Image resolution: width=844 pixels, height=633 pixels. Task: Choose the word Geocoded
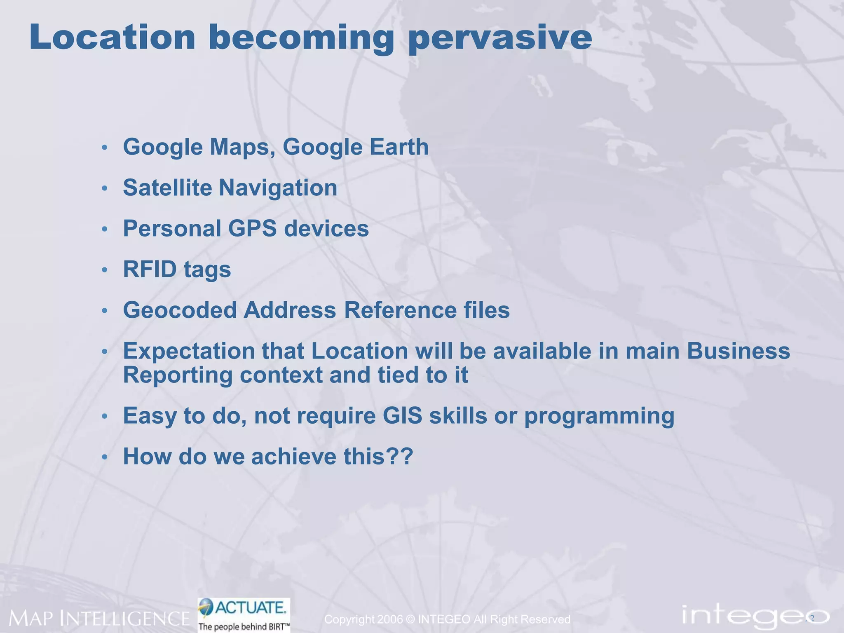pos(180,310)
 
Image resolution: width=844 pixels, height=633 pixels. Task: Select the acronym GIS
pos(402,416)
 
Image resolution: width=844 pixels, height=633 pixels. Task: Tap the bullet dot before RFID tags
pos(105,270)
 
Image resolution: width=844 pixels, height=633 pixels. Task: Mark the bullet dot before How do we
pos(105,457)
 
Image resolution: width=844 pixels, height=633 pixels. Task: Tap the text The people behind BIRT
pos(243,627)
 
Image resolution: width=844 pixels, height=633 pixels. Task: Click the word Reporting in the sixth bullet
pos(178,375)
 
